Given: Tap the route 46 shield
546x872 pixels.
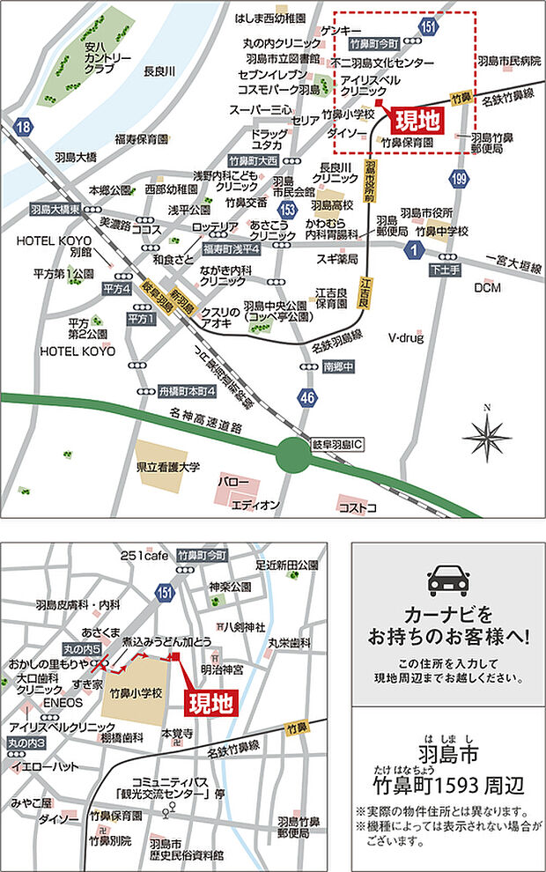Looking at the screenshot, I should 306,397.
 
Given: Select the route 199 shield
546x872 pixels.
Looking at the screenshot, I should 458,181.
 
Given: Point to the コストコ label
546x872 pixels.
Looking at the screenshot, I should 358,507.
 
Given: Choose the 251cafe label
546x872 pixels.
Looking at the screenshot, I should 145,555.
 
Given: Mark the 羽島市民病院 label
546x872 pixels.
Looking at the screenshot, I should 508,61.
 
